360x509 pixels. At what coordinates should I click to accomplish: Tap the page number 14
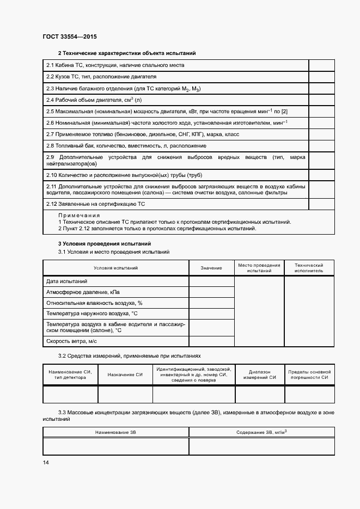(46, 462)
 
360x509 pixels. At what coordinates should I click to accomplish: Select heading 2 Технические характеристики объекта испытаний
(127, 53)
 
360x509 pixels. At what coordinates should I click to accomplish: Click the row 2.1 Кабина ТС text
(115, 65)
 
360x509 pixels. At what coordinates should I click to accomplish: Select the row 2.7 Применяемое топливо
(143, 134)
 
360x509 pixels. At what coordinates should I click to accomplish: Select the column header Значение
(211, 268)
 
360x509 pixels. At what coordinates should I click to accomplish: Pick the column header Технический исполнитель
(309, 267)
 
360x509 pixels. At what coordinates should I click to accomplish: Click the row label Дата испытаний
(67, 281)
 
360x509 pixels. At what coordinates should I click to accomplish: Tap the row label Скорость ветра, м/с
(71, 341)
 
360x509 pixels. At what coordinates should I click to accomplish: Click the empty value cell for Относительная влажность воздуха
(211, 303)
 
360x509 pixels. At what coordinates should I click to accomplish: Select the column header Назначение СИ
(125, 375)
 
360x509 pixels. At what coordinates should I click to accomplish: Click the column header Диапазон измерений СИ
(260, 375)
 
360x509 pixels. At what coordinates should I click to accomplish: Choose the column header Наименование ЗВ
(115, 432)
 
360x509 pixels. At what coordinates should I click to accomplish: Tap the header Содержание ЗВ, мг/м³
(261, 432)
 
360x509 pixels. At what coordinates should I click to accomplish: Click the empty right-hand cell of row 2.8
(321, 145)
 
